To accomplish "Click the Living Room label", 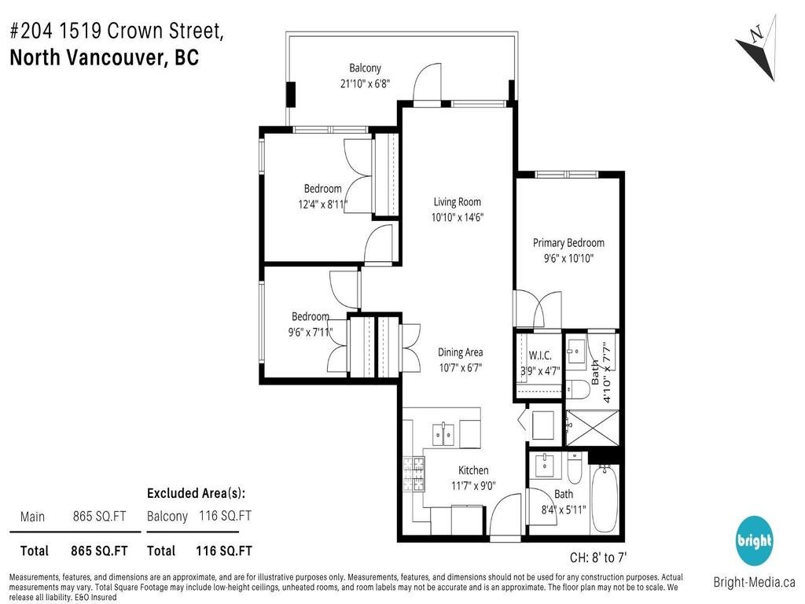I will (457, 202).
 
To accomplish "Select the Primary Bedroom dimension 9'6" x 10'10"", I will (568, 258).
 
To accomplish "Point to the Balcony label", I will (365, 68).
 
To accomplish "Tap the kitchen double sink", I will (444, 433).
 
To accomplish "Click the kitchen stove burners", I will (414, 472).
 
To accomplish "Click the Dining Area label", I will (460, 352).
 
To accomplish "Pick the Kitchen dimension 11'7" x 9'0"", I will (473, 486).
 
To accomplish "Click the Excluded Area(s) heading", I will (196, 493).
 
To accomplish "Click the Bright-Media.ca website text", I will (754, 583).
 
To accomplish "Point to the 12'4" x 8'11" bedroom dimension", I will (322, 204).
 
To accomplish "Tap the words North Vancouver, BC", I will (104, 58).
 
